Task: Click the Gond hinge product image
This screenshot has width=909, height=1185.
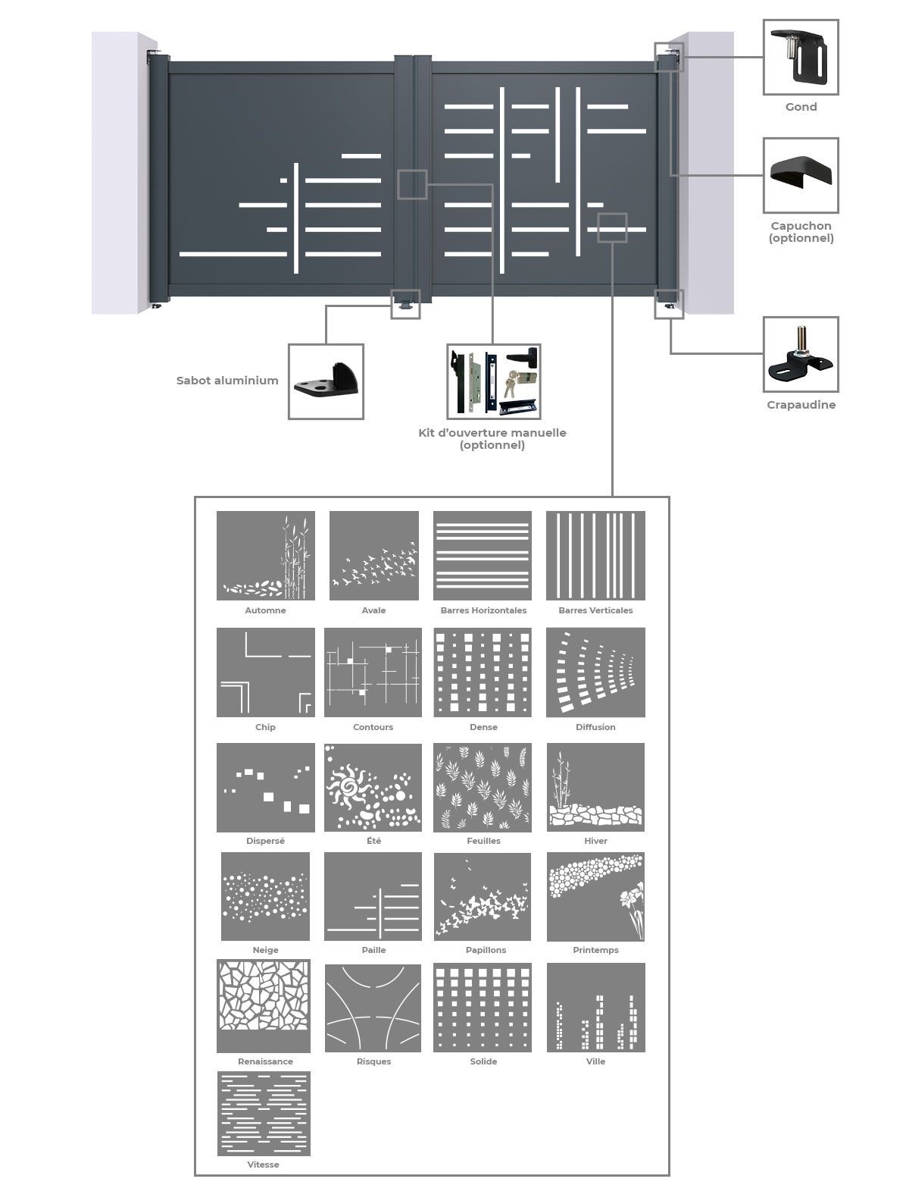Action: click(800, 58)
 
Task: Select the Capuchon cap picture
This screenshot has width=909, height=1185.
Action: click(800, 175)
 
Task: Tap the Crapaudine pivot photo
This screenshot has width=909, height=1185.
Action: click(800, 354)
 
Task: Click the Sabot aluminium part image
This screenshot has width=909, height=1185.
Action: click(326, 381)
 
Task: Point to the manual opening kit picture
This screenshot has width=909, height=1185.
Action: click(493, 381)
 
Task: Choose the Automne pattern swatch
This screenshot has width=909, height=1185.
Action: click(266, 555)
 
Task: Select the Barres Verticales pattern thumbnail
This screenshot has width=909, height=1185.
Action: click(595, 555)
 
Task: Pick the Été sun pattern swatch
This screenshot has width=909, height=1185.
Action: click(373, 788)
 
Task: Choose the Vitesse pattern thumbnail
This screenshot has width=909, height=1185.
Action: click(264, 1113)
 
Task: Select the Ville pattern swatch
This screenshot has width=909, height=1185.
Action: click(596, 1008)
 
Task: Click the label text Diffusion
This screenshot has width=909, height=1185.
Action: click(595, 727)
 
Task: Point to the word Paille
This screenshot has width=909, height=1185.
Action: click(373, 950)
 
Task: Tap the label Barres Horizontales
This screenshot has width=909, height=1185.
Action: click(483, 610)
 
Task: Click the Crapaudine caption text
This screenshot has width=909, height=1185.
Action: click(801, 405)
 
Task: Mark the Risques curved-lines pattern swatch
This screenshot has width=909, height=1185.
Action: click(373, 1008)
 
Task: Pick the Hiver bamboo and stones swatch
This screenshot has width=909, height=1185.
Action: click(596, 788)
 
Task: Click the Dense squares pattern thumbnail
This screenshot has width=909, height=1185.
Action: click(483, 672)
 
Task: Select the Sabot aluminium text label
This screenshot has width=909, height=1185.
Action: click(227, 381)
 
